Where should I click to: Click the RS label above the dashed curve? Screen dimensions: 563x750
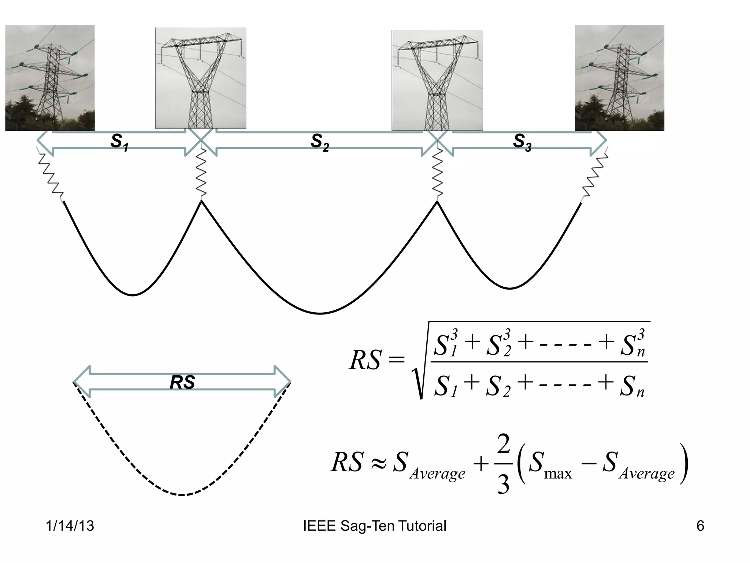tap(182, 383)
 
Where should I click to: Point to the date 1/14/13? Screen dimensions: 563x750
tap(70, 526)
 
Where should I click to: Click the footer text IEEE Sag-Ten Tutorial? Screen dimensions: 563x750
tap(375, 526)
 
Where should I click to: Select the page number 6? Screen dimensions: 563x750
tap(700, 526)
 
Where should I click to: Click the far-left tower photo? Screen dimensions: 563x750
tap(50, 78)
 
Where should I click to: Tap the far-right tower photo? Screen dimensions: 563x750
tap(619, 78)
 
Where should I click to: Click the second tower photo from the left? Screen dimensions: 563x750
tap(200, 78)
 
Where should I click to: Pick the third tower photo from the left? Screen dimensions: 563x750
tap(437, 80)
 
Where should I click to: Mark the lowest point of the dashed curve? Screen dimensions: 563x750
tap(182, 495)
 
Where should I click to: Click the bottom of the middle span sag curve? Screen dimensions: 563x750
tap(320, 313)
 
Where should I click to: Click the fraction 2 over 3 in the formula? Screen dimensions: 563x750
tap(504, 464)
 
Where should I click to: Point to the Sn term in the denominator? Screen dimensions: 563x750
tap(632, 387)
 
